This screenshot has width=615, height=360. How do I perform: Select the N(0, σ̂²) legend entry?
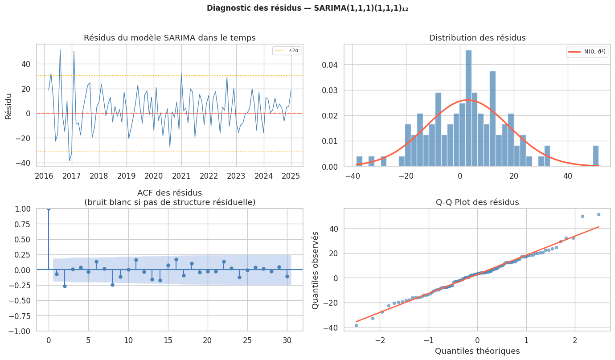click(x=587, y=52)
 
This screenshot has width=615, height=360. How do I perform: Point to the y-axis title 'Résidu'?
click(x=8, y=106)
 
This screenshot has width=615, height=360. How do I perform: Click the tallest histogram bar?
click(x=468, y=108)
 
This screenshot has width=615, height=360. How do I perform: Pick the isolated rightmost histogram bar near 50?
click(x=596, y=156)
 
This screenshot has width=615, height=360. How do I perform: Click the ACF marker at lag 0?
click(x=49, y=209)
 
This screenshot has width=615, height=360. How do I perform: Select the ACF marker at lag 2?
click(x=65, y=286)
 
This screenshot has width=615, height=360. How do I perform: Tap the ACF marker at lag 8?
click(x=112, y=285)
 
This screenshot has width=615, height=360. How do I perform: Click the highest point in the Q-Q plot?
click(x=599, y=214)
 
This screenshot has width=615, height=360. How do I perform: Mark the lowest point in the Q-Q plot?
click(x=356, y=325)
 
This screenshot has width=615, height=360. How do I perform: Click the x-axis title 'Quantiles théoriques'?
click(x=477, y=351)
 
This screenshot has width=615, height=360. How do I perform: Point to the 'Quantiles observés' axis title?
click(x=316, y=270)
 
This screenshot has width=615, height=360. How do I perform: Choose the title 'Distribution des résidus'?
click(x=477, y=38)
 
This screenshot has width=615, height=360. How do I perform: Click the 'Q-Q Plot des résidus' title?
click(x=477, y=202)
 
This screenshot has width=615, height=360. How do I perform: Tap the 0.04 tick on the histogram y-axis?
click(x=332, y=65)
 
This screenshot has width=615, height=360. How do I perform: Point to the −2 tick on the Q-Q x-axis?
click(x=380, y=341)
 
